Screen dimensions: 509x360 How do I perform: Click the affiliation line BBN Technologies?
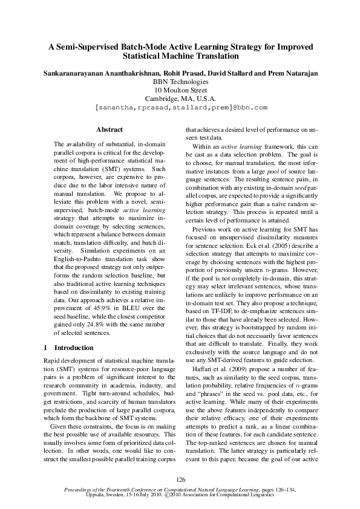point(180,81)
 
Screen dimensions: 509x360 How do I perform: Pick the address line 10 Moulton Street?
point(180,89)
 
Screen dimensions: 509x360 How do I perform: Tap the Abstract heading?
point(110,129)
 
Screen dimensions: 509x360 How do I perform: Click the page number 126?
point(180,479)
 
